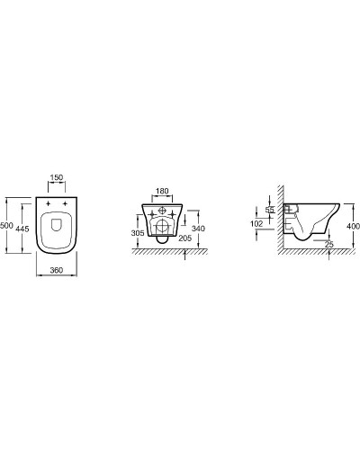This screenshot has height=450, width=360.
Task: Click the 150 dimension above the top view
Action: point(56,179)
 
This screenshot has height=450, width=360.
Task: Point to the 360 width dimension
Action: point(56,269)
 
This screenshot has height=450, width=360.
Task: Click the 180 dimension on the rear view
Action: point(163,193)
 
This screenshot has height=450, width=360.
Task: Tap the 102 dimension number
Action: point(256,223)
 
